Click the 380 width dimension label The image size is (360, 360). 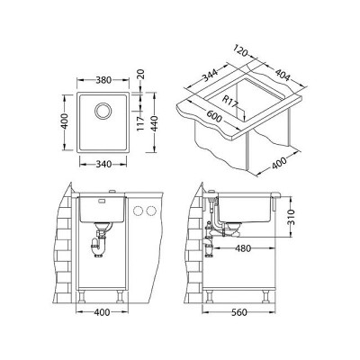[x=103, y=80]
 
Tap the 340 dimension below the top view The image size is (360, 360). [x=103, y=164]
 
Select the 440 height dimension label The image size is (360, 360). [x=155, y=121]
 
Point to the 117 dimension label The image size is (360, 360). [x=141, y=123]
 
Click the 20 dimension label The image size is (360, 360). [x=141, y=74]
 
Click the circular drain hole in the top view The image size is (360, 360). [x=103, y=111]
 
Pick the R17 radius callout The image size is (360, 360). [x=230, y=103]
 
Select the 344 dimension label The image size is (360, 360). [x=210, y=75]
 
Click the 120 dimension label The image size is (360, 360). [x=240, y=51]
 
